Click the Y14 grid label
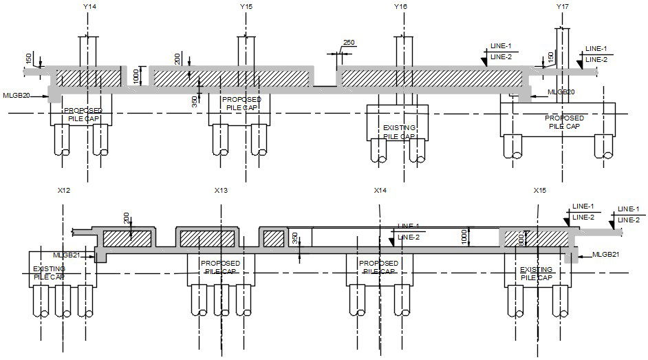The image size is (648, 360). [89, 6]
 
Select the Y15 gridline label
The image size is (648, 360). [246, 6]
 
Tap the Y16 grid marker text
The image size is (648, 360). [400, 6]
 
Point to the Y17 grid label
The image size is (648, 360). [563, 6]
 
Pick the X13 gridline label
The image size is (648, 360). [221, 190]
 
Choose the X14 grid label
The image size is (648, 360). [380, 190]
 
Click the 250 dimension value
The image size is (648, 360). [349, 43]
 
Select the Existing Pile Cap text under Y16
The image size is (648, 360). [399, 132]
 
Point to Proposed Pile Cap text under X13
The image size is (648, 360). [220, 267]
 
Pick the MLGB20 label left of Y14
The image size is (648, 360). [17, 96]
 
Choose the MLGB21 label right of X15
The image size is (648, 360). [606, 255]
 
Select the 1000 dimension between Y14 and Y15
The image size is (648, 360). [136, 75]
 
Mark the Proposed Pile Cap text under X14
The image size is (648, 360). [379, 267]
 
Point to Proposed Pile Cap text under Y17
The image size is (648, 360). [564, 122]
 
